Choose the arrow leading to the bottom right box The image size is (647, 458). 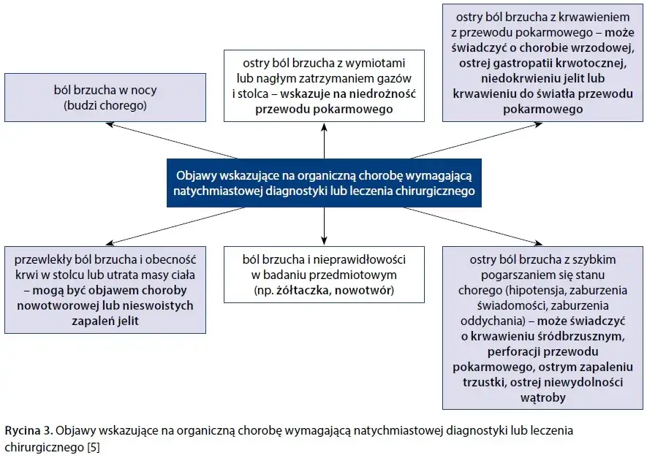pyautogui.click(x=475, y=226)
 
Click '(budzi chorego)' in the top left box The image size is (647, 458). pyautogui.click(x=105, y=105)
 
